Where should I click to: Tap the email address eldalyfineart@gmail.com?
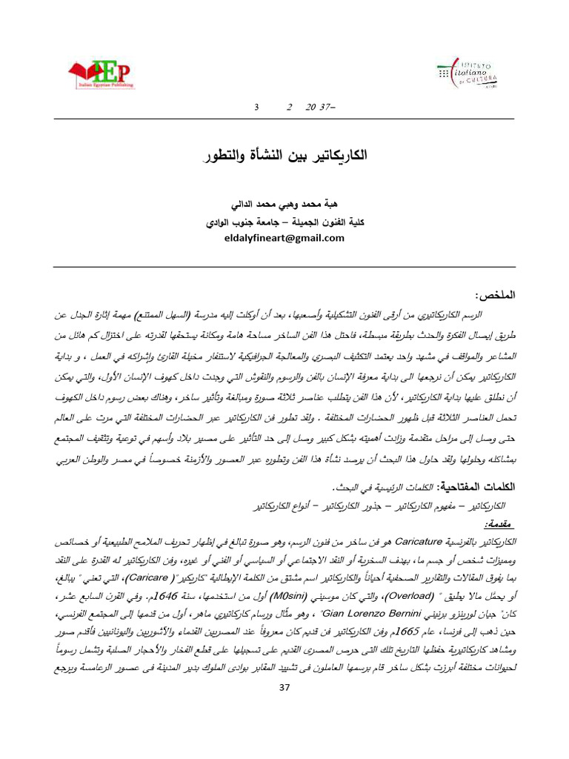click(x=285, y=238)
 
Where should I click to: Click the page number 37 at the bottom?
click(x=284, y=688)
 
